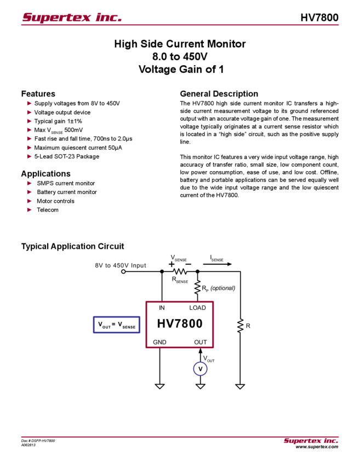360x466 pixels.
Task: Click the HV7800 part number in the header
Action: tap(319, 18)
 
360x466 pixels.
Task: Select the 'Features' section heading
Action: tap(38, 94)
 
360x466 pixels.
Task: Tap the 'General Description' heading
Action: tap(219, 94)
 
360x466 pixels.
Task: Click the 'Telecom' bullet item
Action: tap(48, 210)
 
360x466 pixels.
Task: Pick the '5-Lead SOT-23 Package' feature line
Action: tap(66, 156)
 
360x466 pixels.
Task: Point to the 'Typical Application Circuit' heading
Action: tap(72, 246)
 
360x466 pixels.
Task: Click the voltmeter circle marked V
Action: tap(200, 369)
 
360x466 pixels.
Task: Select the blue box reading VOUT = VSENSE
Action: tap(116, 325)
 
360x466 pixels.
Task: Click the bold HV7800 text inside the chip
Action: tap(180, 323)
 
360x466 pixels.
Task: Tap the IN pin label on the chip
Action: tap(162, 308)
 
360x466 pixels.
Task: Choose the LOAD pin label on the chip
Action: tap(197, 308)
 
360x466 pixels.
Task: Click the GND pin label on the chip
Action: tap(159, 342)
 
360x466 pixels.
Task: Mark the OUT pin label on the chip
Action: tap(201, 342)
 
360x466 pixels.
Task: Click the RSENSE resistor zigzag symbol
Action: tap(180, 271)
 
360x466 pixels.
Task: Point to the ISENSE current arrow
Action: tap(217, 264)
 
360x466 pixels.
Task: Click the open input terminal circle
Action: tap(123, 271)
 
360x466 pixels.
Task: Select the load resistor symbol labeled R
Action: tap(240, 326)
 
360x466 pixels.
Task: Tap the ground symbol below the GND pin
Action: tap(159, 387)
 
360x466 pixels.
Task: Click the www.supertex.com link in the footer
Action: tap(317, 447)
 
